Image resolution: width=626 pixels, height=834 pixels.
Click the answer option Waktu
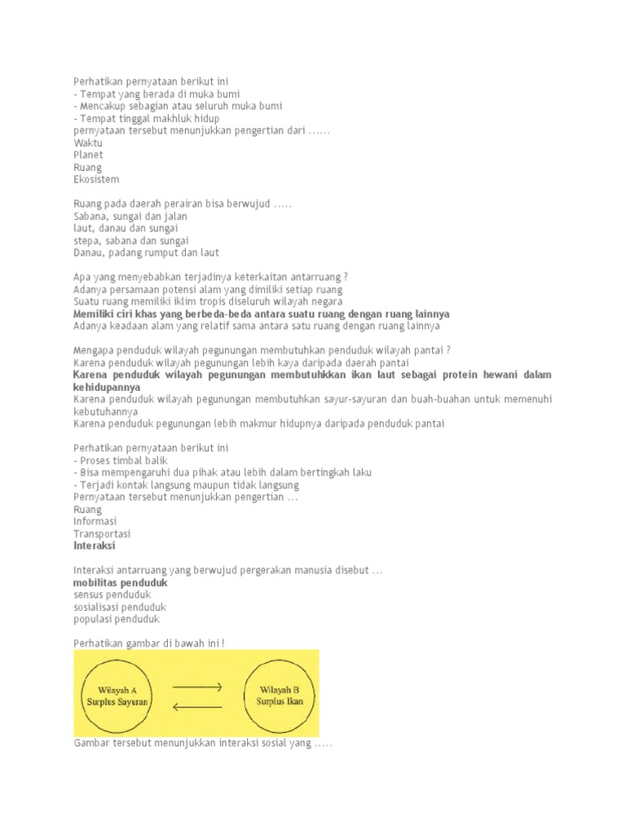click(x=88, y=143)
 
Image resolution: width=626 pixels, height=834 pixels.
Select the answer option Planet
click(x=88, y=155)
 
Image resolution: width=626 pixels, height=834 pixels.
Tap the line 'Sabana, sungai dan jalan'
click(x=130, y=217)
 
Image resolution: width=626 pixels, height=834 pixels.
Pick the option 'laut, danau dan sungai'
click(x=126, y=229)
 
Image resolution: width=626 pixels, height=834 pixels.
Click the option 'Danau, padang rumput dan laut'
click(x=146, y=253)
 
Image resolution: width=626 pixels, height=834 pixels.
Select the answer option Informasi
click(x=95, y=521)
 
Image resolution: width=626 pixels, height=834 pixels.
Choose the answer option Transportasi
click(x=101, y=533)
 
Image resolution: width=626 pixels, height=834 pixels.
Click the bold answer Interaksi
click(x=95, y=546)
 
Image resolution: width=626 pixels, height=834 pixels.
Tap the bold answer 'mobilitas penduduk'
click(x=120, y=583)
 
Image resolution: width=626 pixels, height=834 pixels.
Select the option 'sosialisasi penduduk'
click(x=120, y=608)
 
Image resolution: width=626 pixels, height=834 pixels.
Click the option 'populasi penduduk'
click(x=117, y=620)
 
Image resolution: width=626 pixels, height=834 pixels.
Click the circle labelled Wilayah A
click(x=117, y=695)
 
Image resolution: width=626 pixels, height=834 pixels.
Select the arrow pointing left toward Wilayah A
click(x=196, y=705)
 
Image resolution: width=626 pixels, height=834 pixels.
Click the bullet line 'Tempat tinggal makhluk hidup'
click(x=146, y=118)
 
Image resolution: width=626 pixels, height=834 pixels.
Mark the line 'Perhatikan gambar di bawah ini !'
click(x=149, y=643)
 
